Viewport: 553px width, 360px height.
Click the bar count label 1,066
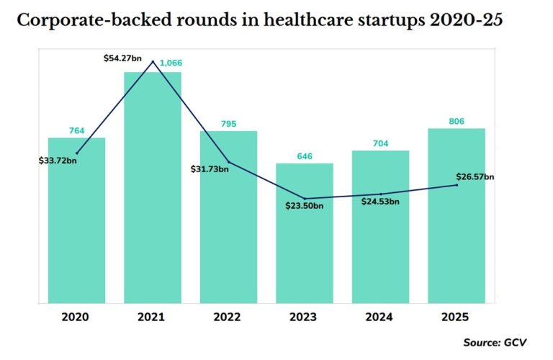[x=171, y=63]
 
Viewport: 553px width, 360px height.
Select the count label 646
[x=305, y=156]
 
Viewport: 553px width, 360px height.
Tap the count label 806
[x=457, y=121]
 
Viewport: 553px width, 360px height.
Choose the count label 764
[x=76, y=130]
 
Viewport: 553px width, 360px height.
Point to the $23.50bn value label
[x=304, y=206]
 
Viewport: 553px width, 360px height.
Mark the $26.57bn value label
[x=475, y=176]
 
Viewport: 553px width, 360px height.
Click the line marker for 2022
[x=228, y=161]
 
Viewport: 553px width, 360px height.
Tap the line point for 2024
[x=380, y=194]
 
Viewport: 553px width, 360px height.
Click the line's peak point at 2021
[x=153, y=62]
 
